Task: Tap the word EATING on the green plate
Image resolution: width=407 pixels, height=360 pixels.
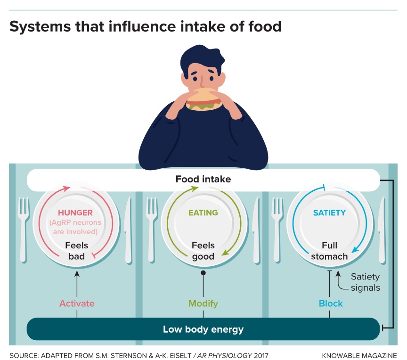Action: [203, 213]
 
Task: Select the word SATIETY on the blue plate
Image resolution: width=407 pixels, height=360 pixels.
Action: [329, 213]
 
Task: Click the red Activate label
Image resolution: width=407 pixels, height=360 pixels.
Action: [77, 303]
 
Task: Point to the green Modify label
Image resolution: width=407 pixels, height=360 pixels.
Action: [203, 303]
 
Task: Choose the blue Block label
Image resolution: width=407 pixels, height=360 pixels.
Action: [331, 303]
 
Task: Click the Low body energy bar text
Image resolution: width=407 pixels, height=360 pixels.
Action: [203, 329]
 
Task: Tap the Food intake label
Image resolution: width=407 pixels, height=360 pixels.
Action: [203, 180]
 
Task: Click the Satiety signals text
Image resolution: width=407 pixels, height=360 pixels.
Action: [365, 282]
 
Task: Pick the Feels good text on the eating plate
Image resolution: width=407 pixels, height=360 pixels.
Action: [203, 251]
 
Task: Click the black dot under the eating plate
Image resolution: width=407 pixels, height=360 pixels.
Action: [203, 273]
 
